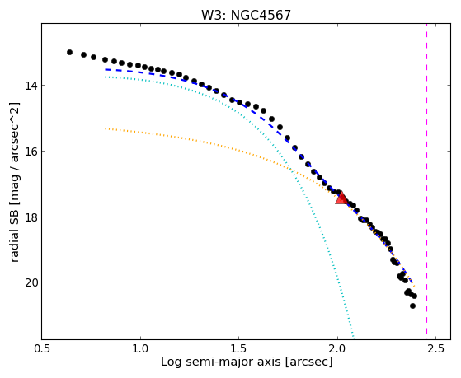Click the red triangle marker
[341, 198]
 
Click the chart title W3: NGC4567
[246, 16]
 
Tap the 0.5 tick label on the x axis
[42, 348]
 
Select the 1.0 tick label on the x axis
[140, 348]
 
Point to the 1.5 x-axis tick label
[238, 348]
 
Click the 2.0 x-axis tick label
[337, 348]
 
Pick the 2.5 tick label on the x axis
[436, 348]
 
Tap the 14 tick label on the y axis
[31, 86]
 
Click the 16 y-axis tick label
[31, 152]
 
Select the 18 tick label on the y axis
[31, 217]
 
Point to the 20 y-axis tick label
[31, 282]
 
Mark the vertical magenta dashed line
[426, 181]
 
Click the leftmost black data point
[69, 52]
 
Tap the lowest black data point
[413, 306]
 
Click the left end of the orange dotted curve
[106, 128]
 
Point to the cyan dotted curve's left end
[106, 77]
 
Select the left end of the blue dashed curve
[106, 69]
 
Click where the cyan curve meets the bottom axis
[354, 339]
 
